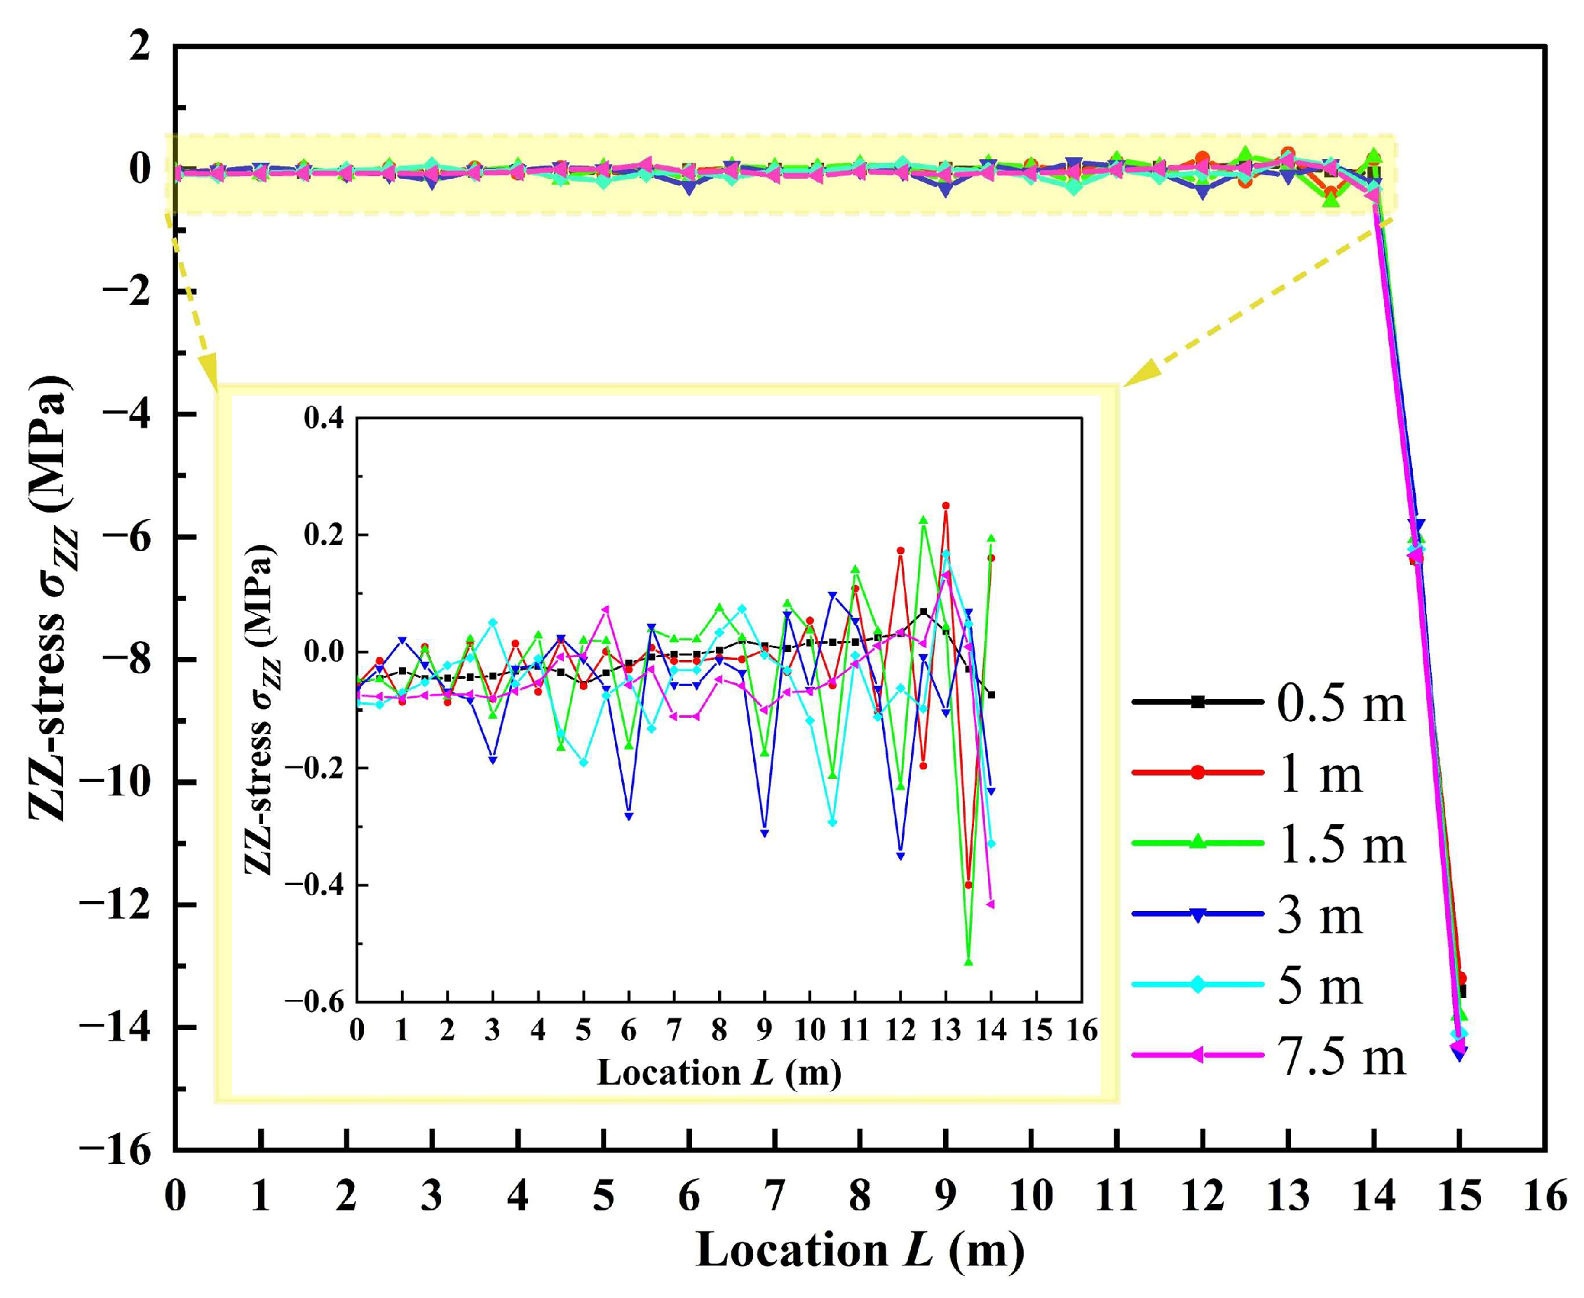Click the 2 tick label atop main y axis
point(139,46)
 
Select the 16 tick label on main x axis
point(1544,1196)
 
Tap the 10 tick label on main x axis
point(1031,1196)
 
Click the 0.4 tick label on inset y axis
point(324,418)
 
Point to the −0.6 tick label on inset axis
point(314,1002)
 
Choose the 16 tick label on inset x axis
point(1082,1030)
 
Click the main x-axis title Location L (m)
point(860,1251)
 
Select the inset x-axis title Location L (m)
point(719,1073)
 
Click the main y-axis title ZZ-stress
point(50,598)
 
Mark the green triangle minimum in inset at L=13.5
point(968,962)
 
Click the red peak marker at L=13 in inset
point(946,506)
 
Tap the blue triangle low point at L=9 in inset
point(764,833)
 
